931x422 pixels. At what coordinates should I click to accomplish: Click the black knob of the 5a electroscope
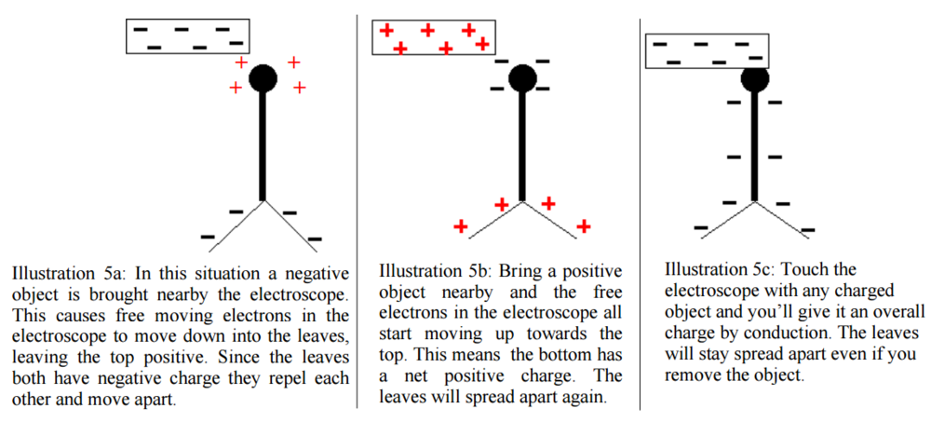[263, 78]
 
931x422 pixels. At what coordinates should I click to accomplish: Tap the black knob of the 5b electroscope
[522, 78]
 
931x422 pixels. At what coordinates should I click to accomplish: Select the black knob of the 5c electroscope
[755, 79]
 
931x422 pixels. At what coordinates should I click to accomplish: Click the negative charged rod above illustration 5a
[188, 36]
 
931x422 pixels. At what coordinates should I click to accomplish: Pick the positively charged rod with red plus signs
[435, 38]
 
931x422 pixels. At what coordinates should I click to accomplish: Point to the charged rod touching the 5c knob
[707, 51]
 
